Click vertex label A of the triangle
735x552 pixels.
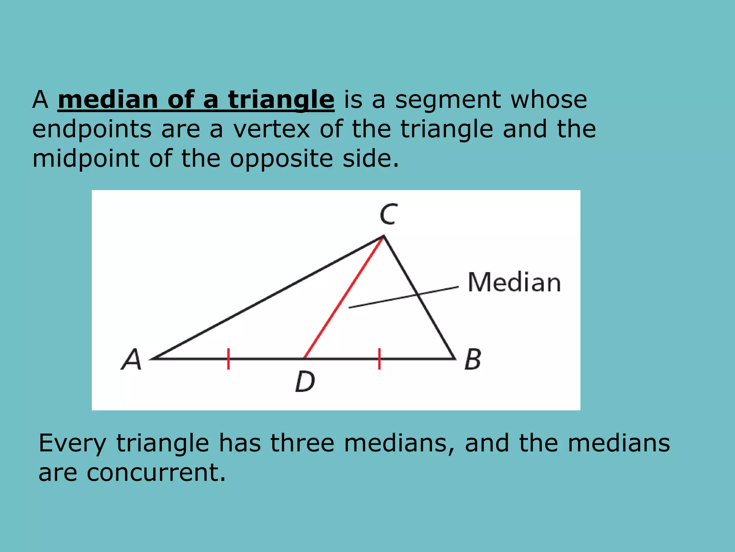click(x=132, y=359)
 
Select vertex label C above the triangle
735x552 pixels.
click(x=388, y=215)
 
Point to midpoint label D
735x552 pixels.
click(x=305, y=381)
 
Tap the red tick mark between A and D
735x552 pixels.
click(x=228, y=359)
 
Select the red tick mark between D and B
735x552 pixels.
click(x=379, y=359)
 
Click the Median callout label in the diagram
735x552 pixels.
click(x=514, y=282)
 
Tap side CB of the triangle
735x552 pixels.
click(x=419, y=297)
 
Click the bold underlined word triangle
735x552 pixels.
click(x=281, y=100)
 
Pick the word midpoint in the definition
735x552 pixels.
click(x=85, y=158)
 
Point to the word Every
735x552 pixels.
click(x=72, y=443)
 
